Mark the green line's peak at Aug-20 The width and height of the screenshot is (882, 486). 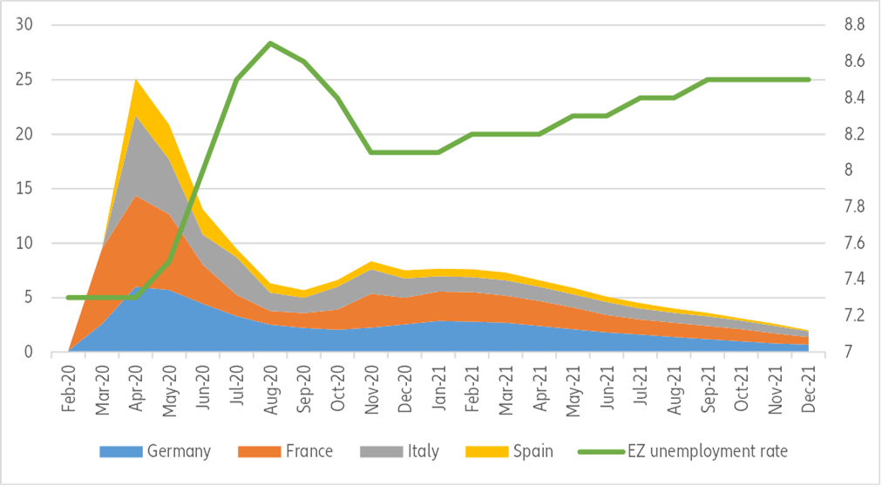(x=270, y=43)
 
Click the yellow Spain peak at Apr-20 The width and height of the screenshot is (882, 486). (x=135, y=81)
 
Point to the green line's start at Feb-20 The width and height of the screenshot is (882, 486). (x=68, y=297)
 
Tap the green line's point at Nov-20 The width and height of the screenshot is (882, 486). (x=371, y=152)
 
